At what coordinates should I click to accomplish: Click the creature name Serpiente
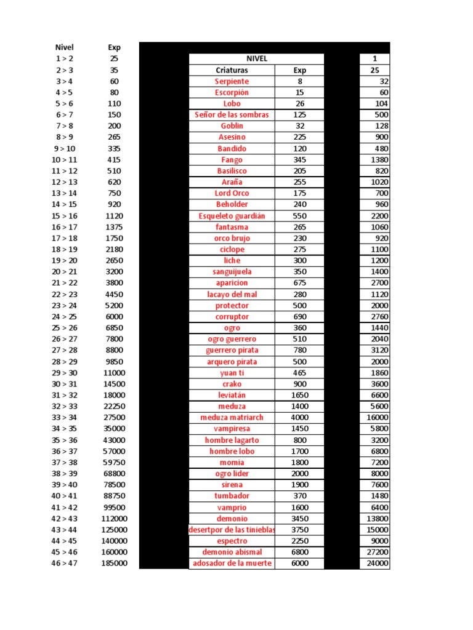(x=232, y=81)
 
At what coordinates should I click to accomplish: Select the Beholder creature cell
(x=232, y=204)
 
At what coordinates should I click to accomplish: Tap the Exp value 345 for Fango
(x=299, y=159)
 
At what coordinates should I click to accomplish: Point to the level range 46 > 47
(x=64, y=563)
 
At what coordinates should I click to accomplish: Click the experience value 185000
(x=115, y=563)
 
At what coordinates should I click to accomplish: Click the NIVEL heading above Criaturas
(x=256, y=58)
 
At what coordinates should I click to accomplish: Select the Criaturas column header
(x=232, y=70)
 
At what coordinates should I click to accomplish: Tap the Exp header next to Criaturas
(x=299, y=70)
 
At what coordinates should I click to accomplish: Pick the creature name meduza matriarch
(x=232, y=417)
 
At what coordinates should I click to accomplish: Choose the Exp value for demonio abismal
(x=299, y=552)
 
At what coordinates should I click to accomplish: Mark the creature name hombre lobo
(x=232, y=451)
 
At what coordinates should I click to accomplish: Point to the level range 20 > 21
(x=64, y=271)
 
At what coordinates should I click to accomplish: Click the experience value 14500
(x=115, y=383)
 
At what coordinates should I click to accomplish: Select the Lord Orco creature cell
(x=232, y=193)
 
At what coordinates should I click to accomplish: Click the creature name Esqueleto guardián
(x=232, y=215)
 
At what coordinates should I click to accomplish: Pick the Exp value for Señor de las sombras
(x=299, y=114)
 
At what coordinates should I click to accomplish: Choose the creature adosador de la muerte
(x=232, y=563)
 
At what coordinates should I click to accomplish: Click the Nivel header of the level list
(x=64, y=47)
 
